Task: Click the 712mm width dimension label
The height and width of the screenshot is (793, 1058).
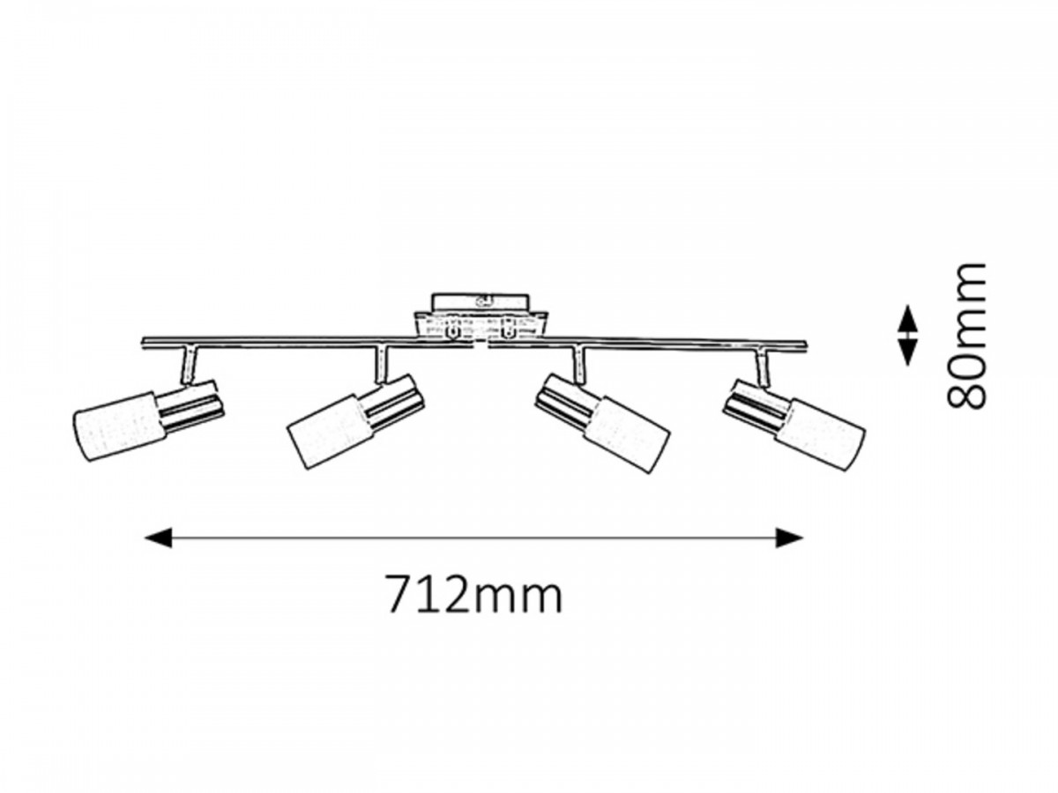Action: (x=473, y=597)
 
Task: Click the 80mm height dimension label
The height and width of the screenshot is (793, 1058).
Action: (x=965, y=335)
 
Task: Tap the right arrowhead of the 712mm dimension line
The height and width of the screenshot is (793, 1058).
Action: (x=790, y=537)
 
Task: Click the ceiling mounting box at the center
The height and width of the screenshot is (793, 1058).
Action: (x=480, y=316)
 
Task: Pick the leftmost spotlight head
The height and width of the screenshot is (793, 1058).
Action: (x=145, y=420)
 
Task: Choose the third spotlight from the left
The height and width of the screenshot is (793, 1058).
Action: (x=605, y=418)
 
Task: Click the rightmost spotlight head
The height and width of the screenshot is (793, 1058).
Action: (x=793, y=419)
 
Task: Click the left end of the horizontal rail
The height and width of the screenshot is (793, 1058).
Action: (x=146, y=341)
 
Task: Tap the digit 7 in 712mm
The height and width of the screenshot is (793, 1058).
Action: (x=398, y=597)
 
